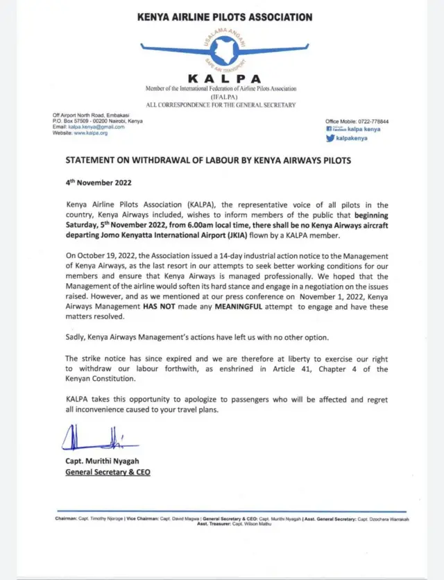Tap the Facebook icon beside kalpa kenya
pyautogui.click(x=330, y=130)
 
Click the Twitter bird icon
pyautogui.click(x=330, y=138)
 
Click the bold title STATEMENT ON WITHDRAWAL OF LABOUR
pyautogui.click(x=208, y=160)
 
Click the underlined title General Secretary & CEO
pyautogui.click(x=108, y=472)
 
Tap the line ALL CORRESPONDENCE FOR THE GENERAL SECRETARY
pyautogui.click(x=221, y=105)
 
